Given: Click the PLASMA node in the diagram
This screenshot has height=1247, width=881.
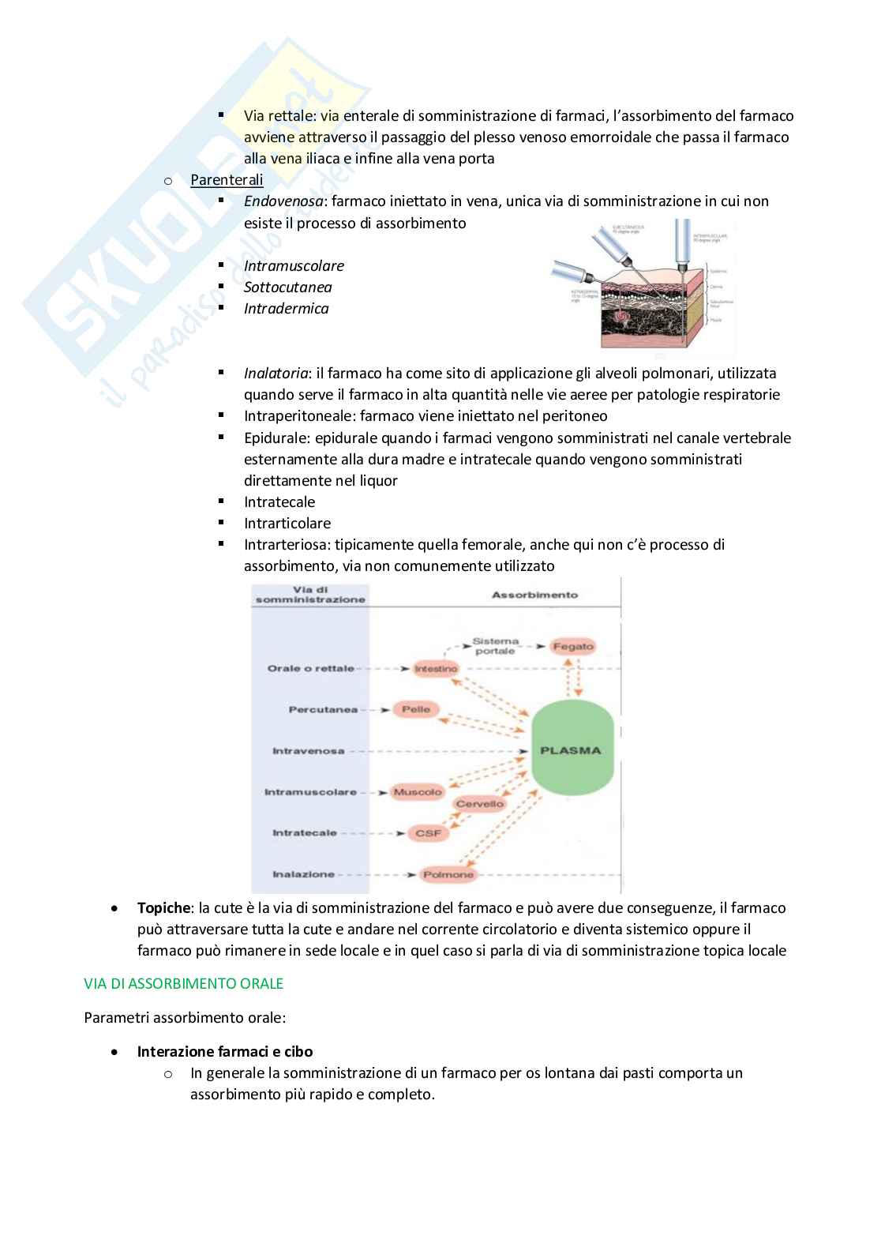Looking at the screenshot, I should click(571, 750).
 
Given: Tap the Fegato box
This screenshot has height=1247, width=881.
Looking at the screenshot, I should click(572, 646).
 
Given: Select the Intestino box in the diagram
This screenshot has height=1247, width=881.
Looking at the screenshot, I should click(436, 668).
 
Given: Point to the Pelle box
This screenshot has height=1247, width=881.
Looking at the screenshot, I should click(415, 709).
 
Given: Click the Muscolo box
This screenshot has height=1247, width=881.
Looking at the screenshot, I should click(417, 791).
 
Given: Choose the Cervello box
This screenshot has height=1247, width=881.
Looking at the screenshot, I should click(479, 804).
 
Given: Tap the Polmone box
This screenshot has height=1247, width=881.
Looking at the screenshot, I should click(448, 874).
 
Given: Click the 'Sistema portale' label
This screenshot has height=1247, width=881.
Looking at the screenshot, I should click(495, 646).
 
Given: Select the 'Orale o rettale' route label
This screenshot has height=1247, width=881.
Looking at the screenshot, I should click(310, 668).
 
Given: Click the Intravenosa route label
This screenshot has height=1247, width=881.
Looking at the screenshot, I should click(308, 750).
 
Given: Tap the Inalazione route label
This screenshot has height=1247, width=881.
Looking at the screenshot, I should click(303, 874).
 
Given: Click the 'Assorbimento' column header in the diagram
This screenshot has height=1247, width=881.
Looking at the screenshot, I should click(534, 595).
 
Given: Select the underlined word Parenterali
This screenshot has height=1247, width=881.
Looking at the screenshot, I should click(227, 180).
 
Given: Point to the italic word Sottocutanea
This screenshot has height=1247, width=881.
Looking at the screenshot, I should click(287, 287).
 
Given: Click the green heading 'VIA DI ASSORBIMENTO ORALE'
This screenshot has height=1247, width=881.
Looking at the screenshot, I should click(183, 984).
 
